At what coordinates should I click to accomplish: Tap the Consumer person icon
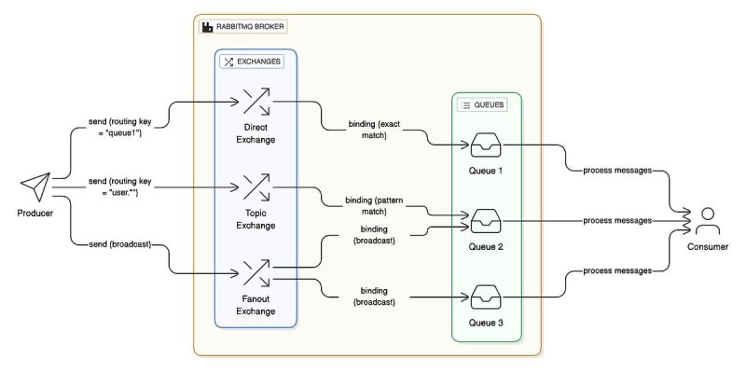(x=707, y=221)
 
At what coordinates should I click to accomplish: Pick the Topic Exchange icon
(x=256, y=186)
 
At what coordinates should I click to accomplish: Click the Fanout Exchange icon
(x=256, y=273)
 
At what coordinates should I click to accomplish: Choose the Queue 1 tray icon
(x=485, y=145)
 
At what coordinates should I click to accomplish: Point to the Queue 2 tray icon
(x=485, y=223)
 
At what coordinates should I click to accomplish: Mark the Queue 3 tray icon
(x=485, y=299)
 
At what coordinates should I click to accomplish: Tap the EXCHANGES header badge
(x=250, y=62)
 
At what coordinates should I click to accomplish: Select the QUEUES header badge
(x=482, y=105)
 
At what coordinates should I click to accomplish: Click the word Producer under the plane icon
(x=35, y=214)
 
